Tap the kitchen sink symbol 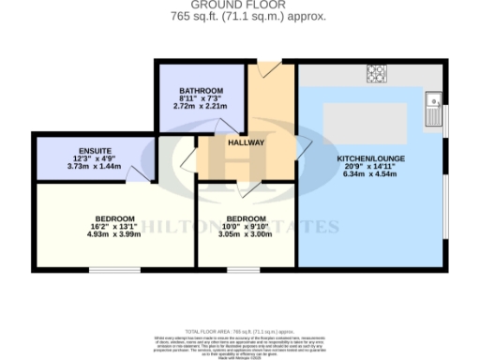tap(433, 107)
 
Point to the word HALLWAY tap(247, 142)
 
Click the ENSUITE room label tap(96, 150)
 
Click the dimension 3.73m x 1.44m tap(96, 165)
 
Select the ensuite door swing tap(141, 172)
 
